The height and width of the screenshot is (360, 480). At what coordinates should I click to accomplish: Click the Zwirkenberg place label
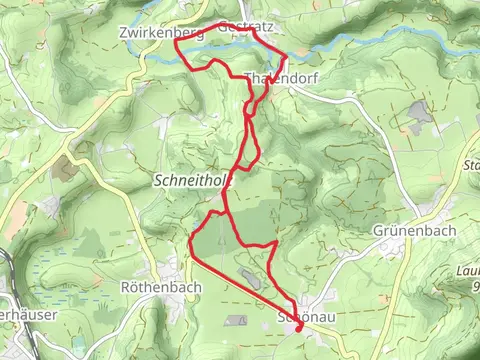click(x=160, y=33)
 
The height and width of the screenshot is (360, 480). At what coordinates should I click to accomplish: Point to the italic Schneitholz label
click(x=192, y=181)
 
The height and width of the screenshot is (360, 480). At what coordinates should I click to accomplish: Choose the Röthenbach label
click(x=160, y=287)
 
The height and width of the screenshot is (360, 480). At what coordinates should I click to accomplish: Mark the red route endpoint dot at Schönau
click(x=300, y=327)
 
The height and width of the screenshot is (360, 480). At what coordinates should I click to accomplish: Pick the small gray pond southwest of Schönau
click(x=236, y=320)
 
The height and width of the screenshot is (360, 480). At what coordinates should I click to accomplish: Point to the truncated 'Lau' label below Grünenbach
click(x=469, y=269)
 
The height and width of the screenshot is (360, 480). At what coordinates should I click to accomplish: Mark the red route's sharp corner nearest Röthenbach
click(x=190, y=240)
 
